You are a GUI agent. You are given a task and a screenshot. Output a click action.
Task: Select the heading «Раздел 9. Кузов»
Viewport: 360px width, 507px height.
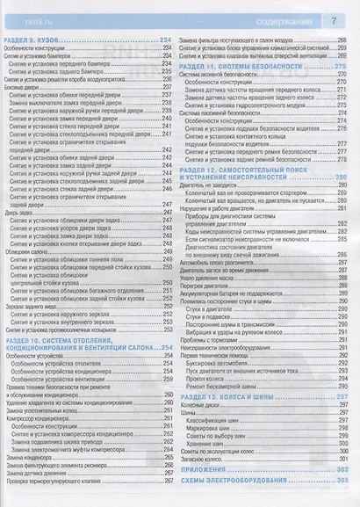(x=37, y=43)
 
